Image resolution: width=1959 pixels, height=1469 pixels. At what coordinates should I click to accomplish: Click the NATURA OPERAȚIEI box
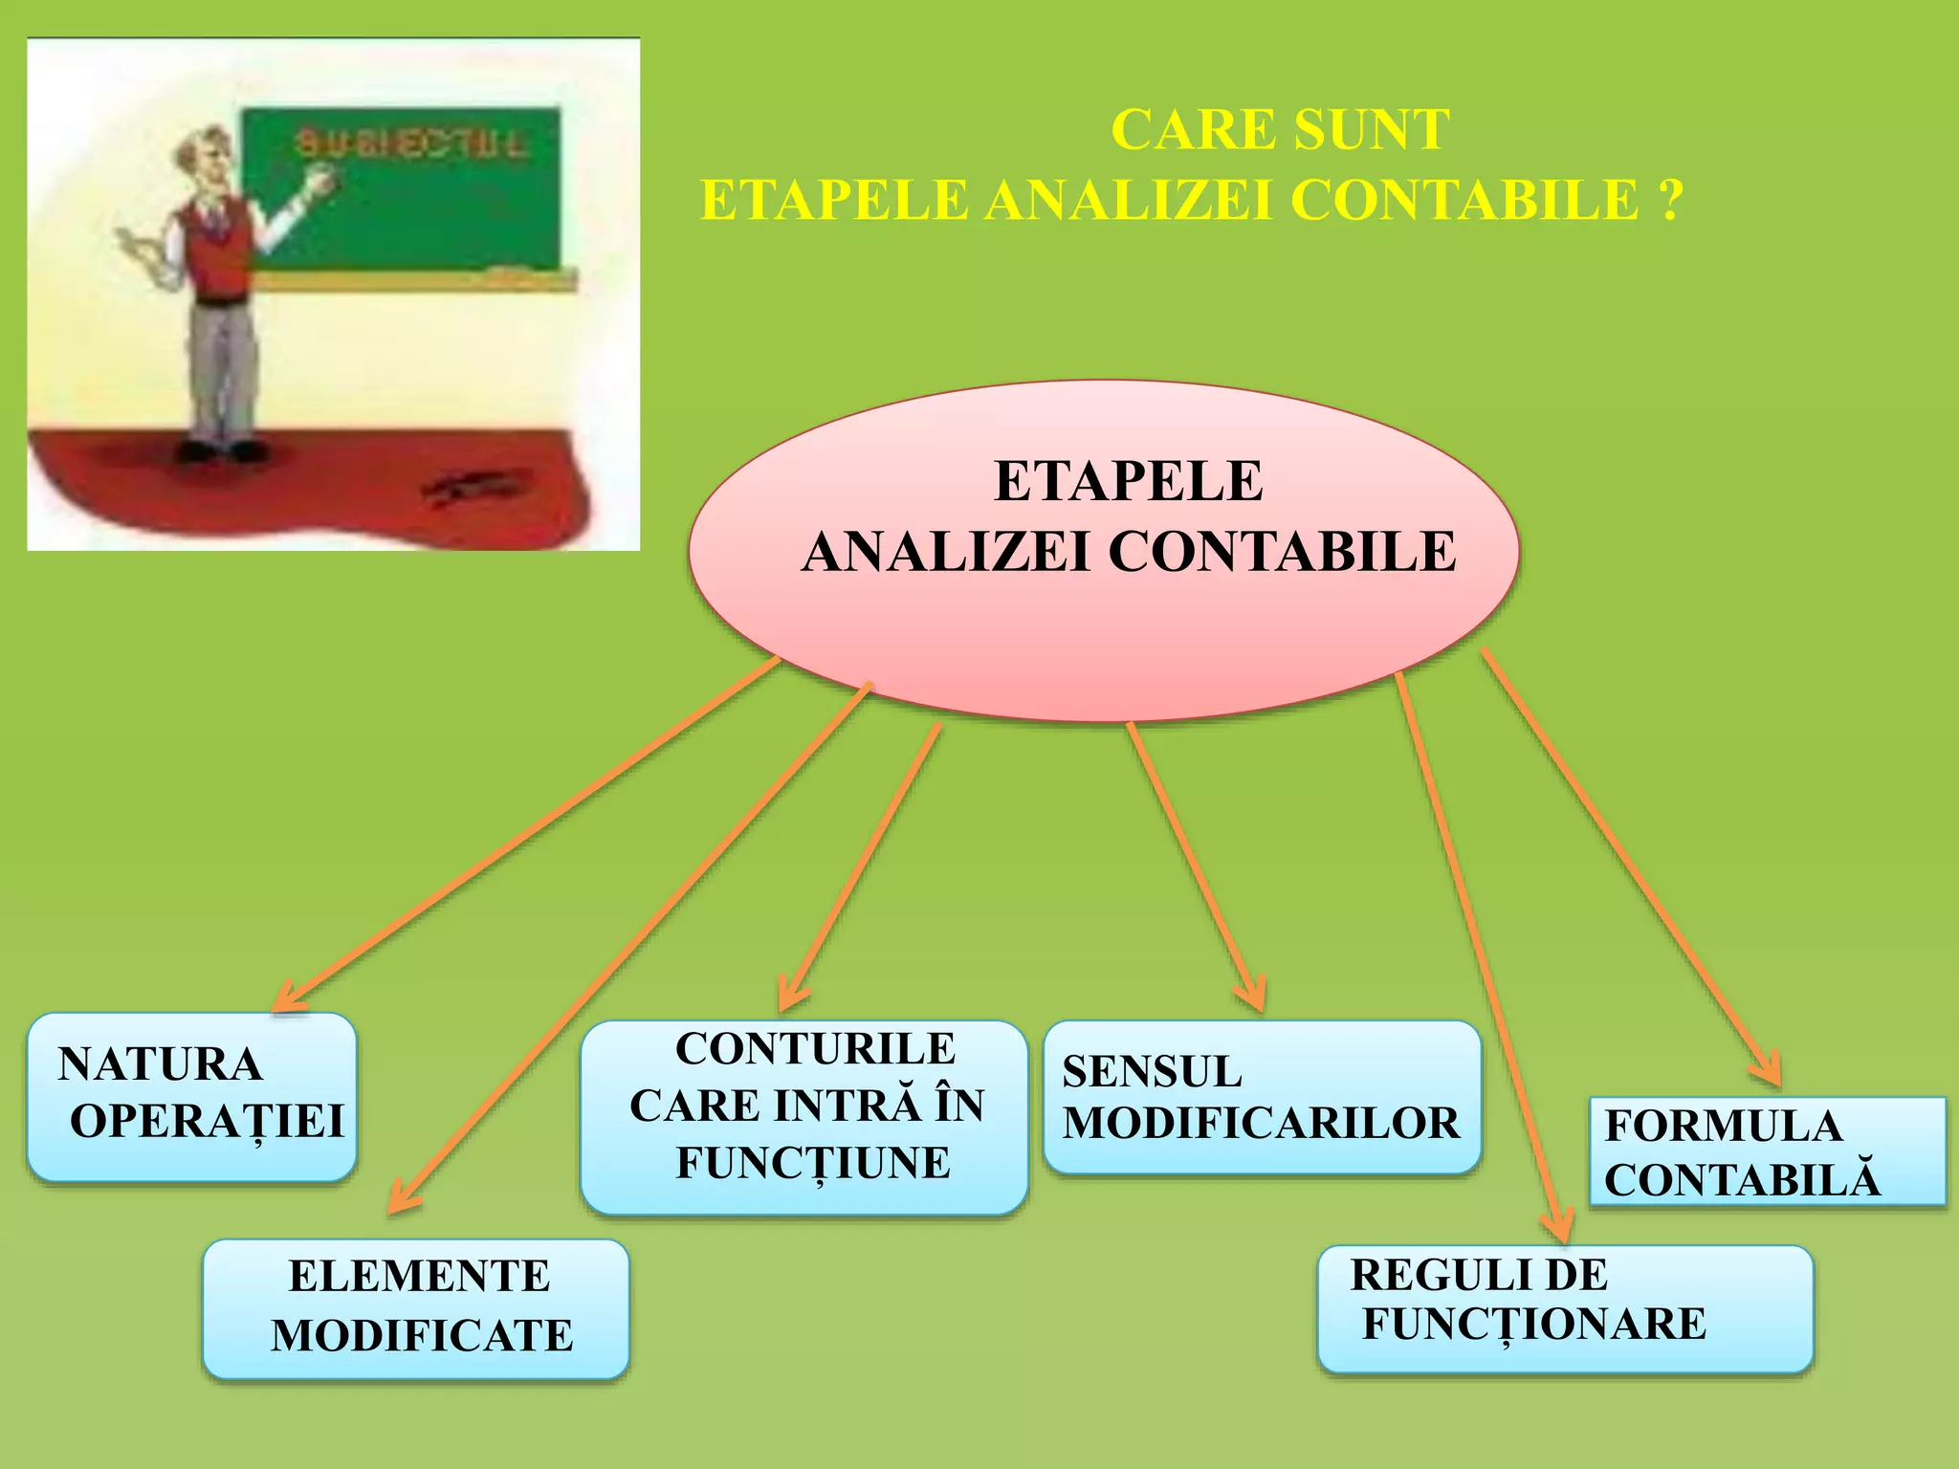click(x=191, y=1096)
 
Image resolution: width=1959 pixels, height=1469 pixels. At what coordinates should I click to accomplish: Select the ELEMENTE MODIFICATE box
click(x=416, y=1307)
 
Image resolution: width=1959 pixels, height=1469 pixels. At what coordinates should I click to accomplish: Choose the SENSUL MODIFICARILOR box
click(x=1261, y=1096)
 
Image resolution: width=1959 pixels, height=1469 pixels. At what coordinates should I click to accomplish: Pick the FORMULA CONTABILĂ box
click(x=1766, y=1151)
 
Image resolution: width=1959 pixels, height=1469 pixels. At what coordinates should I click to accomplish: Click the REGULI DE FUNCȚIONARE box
click(x=1564, y=1307)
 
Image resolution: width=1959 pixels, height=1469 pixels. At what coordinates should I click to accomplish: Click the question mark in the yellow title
click(x=1669, y=201)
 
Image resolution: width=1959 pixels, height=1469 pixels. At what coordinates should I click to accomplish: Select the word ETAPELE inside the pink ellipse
click(x=1129, y=480)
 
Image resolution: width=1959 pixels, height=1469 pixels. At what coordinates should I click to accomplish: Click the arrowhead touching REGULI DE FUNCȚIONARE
click(x=1558, y=1230)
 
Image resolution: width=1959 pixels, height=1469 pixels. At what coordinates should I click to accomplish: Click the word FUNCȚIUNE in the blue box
click(x=813, y=1163)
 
